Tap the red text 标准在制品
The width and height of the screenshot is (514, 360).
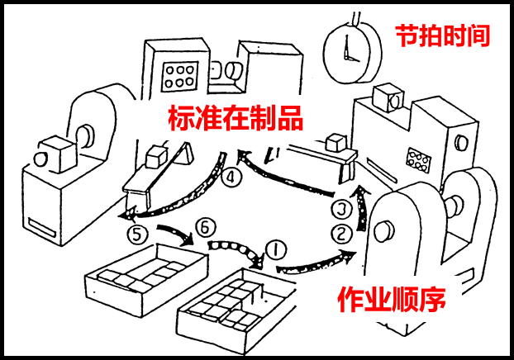tap(236, 119)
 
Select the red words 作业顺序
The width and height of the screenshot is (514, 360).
tap(392, 299)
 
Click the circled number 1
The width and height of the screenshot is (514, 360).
tap(277, 247)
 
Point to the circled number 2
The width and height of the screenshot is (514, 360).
tap(338, 233)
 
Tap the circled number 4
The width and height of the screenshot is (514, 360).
tap(235, 176)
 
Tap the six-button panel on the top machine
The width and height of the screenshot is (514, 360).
tap(178, 77)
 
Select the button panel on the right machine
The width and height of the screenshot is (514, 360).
tap(417, 156)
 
